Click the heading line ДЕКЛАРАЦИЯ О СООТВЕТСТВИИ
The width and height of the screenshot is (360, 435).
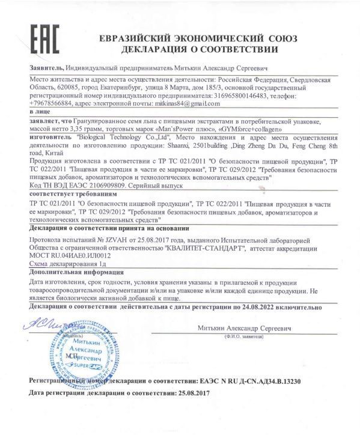pyautogui.click(x=199, y=48)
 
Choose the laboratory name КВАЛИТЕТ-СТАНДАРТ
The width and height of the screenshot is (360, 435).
pyautogui.click(x=198, y=246)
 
